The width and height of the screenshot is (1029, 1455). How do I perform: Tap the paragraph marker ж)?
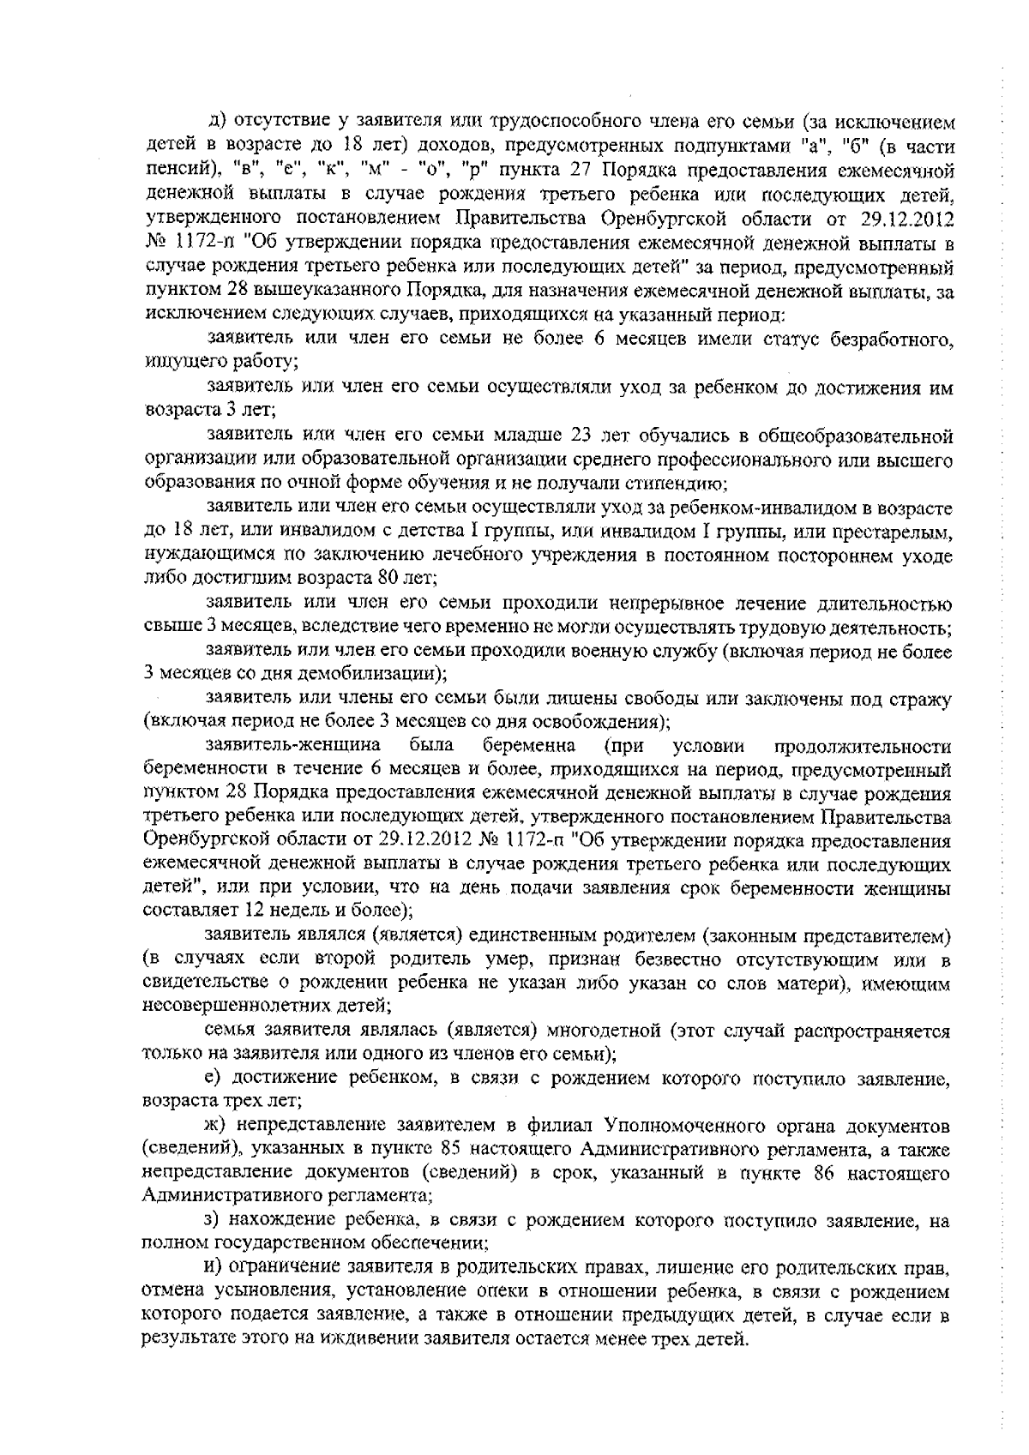[214, 1124]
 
